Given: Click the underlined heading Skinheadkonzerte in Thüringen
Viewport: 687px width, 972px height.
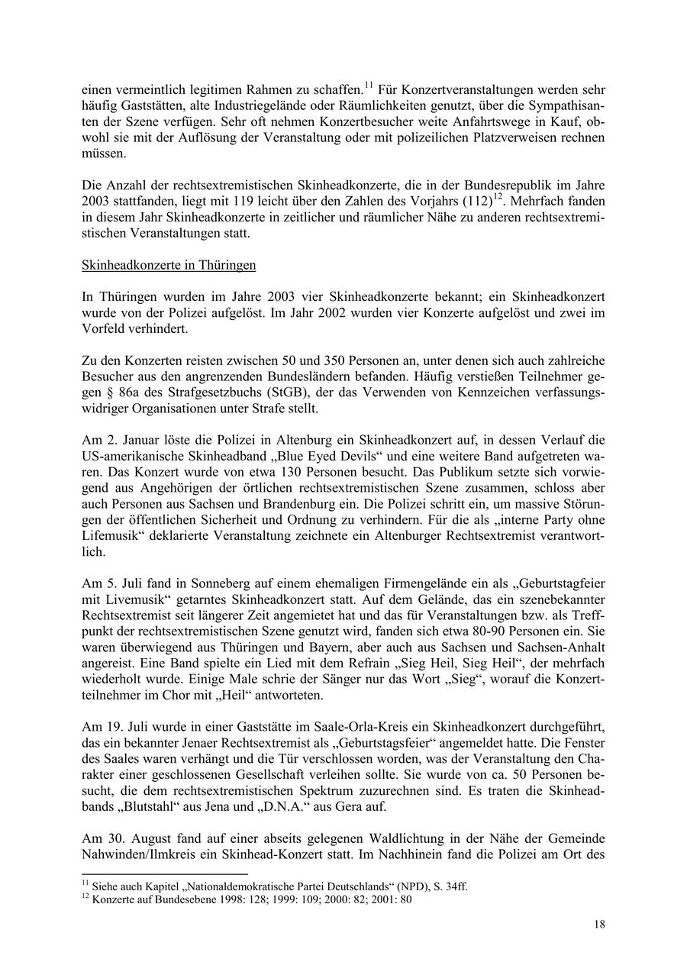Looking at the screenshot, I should point(169,265).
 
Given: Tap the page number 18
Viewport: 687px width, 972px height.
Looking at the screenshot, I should point(600,925).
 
